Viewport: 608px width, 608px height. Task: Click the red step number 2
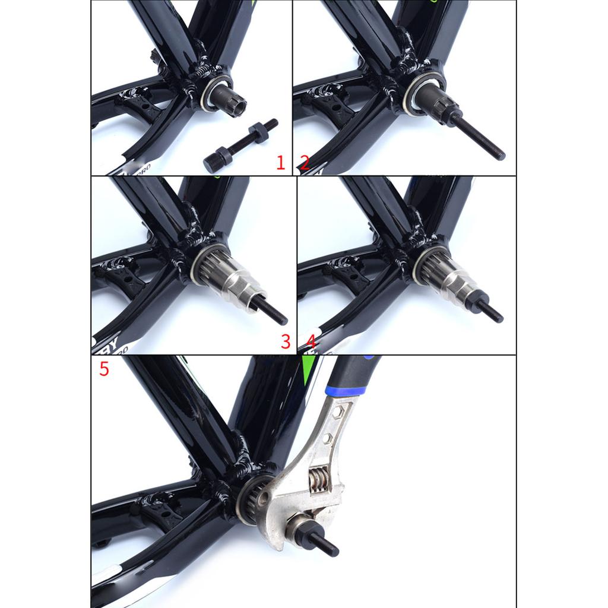click(x=304, y=163)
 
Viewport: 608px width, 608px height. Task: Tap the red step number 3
click(x=286, y=341)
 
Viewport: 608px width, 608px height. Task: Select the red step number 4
click(x=311, y=341)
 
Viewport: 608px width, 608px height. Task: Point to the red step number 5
click(x=104, y=369)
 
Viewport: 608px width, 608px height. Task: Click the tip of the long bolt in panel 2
click(x=501, y=156)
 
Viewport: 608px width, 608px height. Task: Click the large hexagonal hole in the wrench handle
click(x=336, y=413)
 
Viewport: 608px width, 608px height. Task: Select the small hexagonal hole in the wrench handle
click(x=327, y=439)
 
